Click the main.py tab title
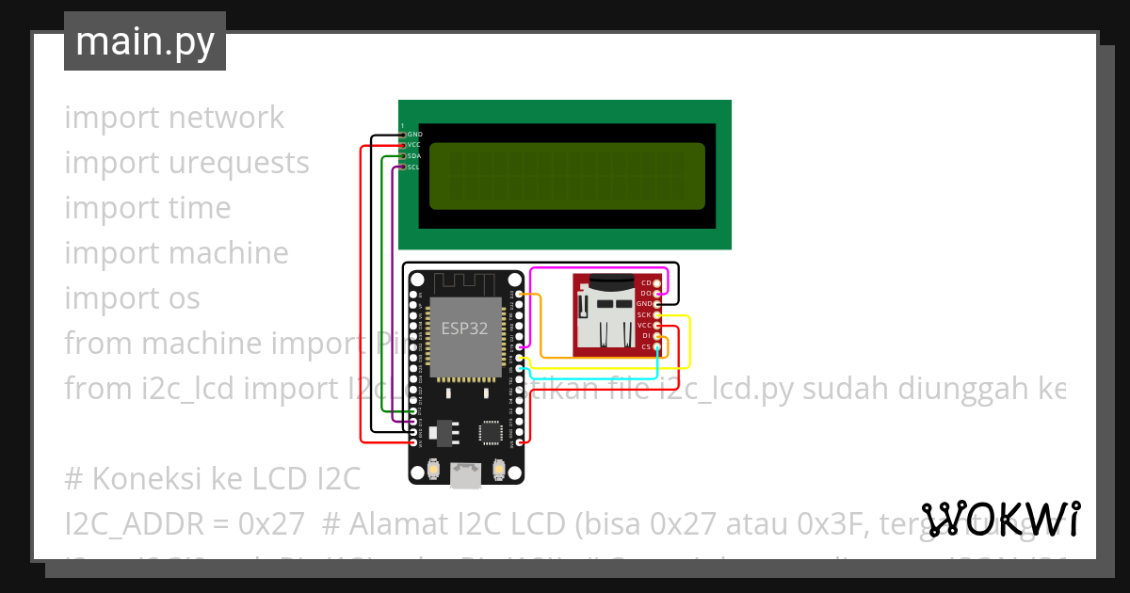click(144, 41)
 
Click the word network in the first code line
click(226, 118)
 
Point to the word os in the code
click(185, 298)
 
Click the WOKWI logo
click(1001, 519)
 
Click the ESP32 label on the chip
click(464, 329)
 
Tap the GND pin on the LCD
click(404, 135)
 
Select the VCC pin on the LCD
click(404, 145)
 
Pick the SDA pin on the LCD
click(404, 156)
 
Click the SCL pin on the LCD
click(404, 168)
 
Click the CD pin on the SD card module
click(656, 282)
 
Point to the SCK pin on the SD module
click(656, 314)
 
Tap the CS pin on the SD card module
click(656, 347)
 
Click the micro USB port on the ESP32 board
click(464, 476)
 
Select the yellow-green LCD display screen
click(567, 176)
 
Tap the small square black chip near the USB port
click(491, 431)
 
